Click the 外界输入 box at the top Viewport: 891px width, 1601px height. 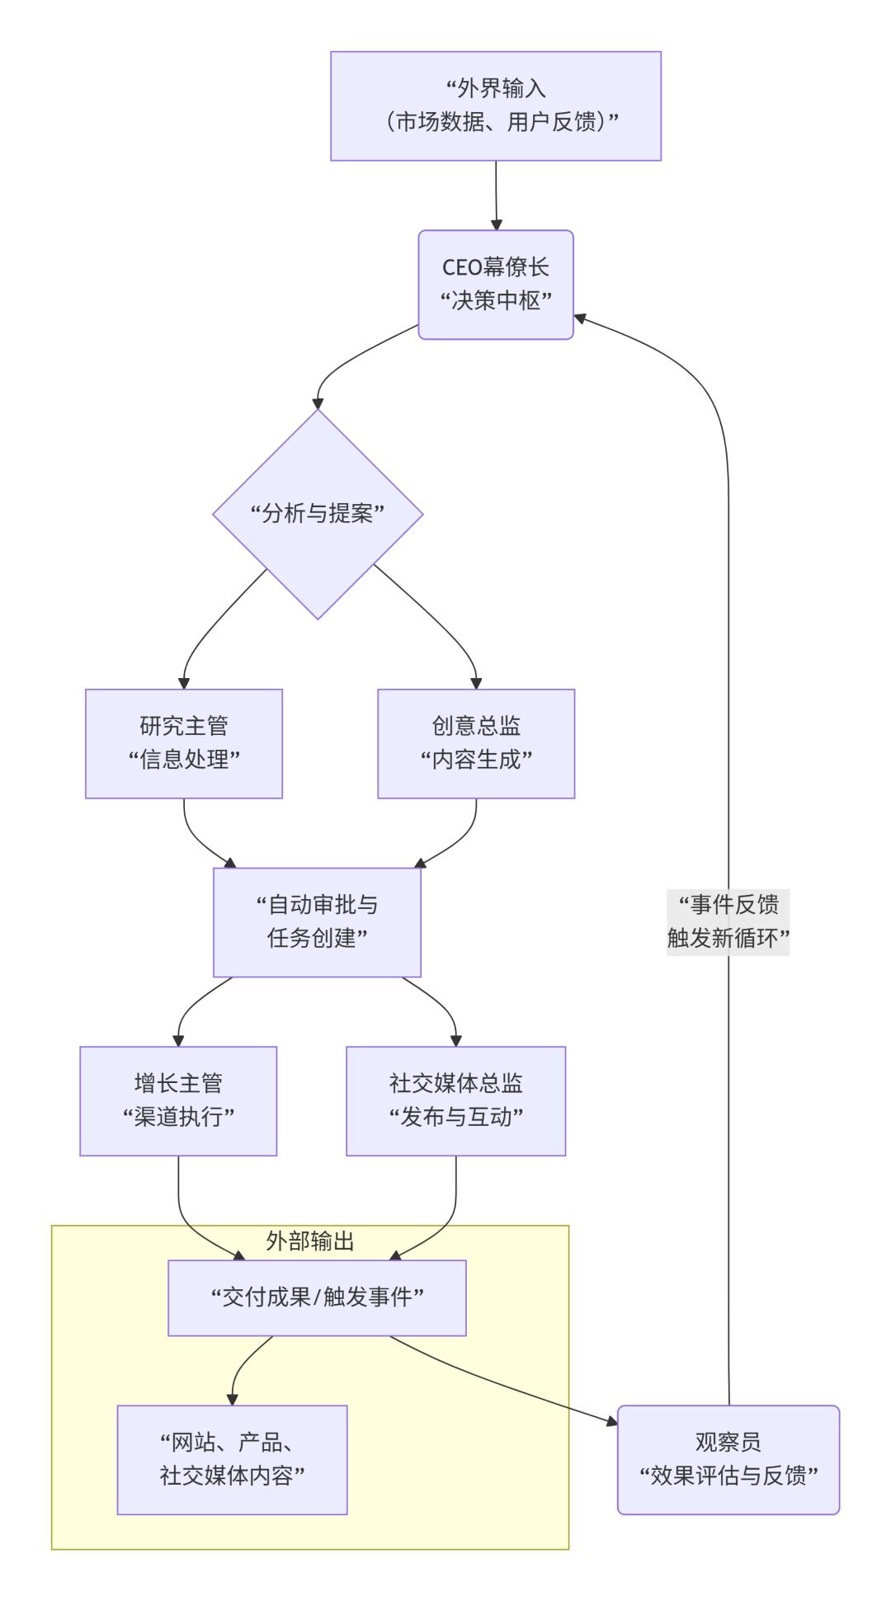pos(496,106)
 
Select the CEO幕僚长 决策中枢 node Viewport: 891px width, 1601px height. pos(496,285)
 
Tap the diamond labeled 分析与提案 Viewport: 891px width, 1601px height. pos(318,514)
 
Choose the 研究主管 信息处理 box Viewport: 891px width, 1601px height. pos(184,743)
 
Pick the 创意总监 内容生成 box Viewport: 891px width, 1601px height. pos(476,743)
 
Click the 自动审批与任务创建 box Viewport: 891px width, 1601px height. pos(318,921)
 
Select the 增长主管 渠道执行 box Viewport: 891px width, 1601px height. pos(178,1100)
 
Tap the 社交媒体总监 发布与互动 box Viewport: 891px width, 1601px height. pos(456,1100)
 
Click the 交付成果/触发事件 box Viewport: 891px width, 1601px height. pos(318,1297)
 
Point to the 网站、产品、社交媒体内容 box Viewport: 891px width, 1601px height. pos(232,1459)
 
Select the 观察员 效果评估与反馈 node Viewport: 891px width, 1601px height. pos(728,1459)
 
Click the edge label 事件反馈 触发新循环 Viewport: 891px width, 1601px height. pos(728,921)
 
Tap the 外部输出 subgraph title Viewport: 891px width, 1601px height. pos(310,1241)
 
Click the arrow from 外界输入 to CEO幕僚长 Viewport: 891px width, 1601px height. pos(496,195)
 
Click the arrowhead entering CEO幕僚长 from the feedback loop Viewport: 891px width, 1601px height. pos(580,318)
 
